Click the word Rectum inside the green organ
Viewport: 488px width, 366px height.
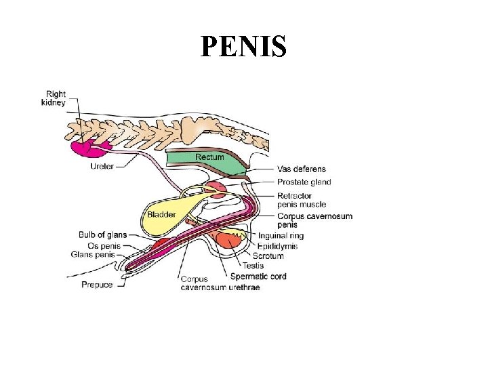[209, 157]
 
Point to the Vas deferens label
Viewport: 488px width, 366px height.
[301, 169]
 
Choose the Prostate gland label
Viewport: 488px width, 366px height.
[304, 182]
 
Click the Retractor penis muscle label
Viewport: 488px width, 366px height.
[301, 200]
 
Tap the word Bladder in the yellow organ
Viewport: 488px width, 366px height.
[161, 215]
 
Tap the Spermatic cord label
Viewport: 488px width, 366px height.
[258, 276]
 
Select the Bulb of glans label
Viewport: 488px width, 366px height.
[102, 235]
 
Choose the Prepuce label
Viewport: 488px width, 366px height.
[97, 285]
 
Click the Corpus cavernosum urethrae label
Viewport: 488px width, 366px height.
[220, 283]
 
